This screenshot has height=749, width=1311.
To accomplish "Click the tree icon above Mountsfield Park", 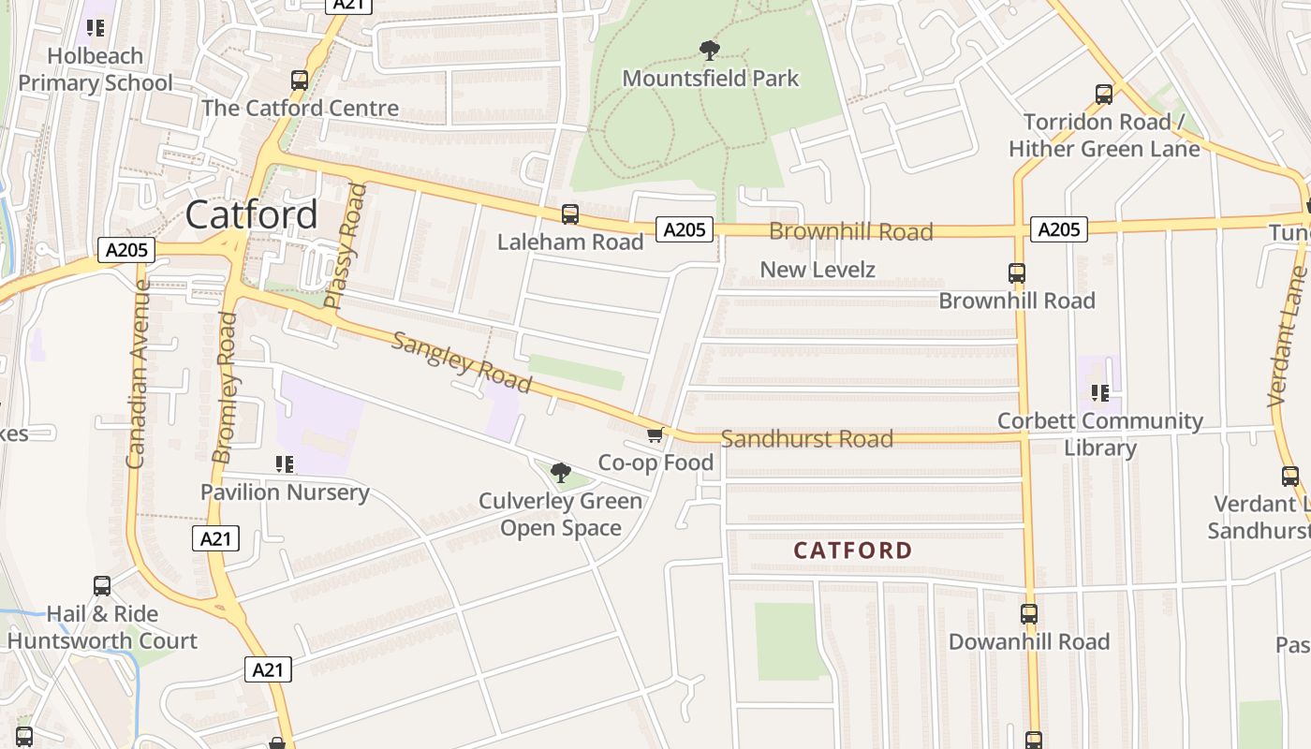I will (x=710, y=50).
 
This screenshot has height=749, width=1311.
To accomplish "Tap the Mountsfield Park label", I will (x=710, y=78).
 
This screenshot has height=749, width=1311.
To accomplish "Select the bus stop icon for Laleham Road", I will (x=569, y=214).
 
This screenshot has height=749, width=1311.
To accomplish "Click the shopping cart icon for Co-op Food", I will (x=655, y=434).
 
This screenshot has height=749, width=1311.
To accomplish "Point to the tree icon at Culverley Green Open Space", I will (x=561, y=473).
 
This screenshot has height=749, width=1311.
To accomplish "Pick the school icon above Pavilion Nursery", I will (x=285, y=463).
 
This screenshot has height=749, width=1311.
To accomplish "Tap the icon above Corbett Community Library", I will (x=1099, y=393).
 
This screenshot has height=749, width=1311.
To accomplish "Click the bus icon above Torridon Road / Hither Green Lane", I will (x=1104, y=95).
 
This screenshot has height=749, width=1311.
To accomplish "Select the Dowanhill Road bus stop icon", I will (x=1029, y=614).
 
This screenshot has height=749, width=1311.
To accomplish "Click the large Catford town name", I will (x=251, y=214).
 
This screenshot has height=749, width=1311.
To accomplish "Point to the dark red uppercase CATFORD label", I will (x=852, y=551).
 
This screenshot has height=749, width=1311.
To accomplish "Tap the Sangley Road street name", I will (x=461, y=362).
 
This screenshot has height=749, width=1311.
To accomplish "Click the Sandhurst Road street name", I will (x=806, y=438).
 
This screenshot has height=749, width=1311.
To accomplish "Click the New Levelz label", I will (x=817, y=270).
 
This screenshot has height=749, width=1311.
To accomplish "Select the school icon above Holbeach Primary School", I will (x=95, y=28).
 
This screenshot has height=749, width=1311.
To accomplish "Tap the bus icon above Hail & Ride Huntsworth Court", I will (x=102, y=586).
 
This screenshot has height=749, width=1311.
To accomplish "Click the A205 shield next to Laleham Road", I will (x=684, y=229).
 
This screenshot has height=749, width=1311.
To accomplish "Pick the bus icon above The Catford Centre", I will (x=300, y=81).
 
